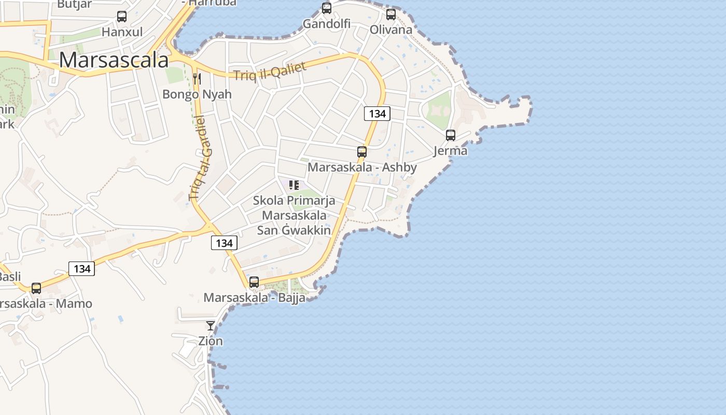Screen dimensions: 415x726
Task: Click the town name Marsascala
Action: coord(114,60)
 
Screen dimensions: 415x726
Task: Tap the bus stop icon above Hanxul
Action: coord(122,17)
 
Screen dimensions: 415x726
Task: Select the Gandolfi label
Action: coord(327,24)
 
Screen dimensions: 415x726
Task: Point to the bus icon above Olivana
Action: coord(391,15)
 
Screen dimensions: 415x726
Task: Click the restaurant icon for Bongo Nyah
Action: coord(197,79)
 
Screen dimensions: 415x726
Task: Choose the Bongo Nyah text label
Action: coord(197,94)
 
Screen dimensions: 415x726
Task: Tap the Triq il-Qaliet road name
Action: coord(270,71)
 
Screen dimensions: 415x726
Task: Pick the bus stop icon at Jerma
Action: coord(451,135)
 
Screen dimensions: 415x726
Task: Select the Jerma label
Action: coord(451,151)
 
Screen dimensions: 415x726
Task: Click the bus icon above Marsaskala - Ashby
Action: coord(362,152)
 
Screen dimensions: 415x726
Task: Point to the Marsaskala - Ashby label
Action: coord(362,167)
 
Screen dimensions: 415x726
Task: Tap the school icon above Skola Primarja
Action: coord(294,185)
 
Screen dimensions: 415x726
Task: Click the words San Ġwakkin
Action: coord(294,230)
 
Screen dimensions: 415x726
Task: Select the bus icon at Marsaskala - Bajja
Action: coord(254,282)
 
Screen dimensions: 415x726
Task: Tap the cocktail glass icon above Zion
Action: coord(211,326)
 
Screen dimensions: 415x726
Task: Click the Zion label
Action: coord(211,341)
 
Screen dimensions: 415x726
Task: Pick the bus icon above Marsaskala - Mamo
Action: coord(36,288)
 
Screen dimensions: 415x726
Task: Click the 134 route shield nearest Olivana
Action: coord(377,114)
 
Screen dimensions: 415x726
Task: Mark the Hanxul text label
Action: coord(122,32)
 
